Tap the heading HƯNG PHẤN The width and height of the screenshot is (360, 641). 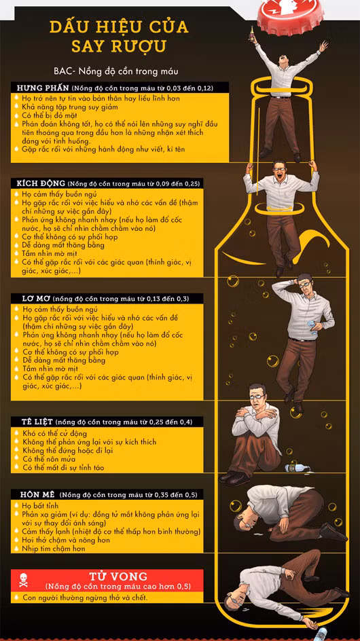click(43, 88)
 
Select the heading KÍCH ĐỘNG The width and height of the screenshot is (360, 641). click(41, 183)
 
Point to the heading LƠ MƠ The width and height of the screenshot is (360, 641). click(34, 298)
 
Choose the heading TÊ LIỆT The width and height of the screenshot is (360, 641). click(37, 422)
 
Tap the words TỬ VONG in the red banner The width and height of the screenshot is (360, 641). click(118, 576)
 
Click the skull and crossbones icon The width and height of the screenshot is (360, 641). click(23, 580)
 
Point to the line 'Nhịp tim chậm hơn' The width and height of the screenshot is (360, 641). click(54, 549)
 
